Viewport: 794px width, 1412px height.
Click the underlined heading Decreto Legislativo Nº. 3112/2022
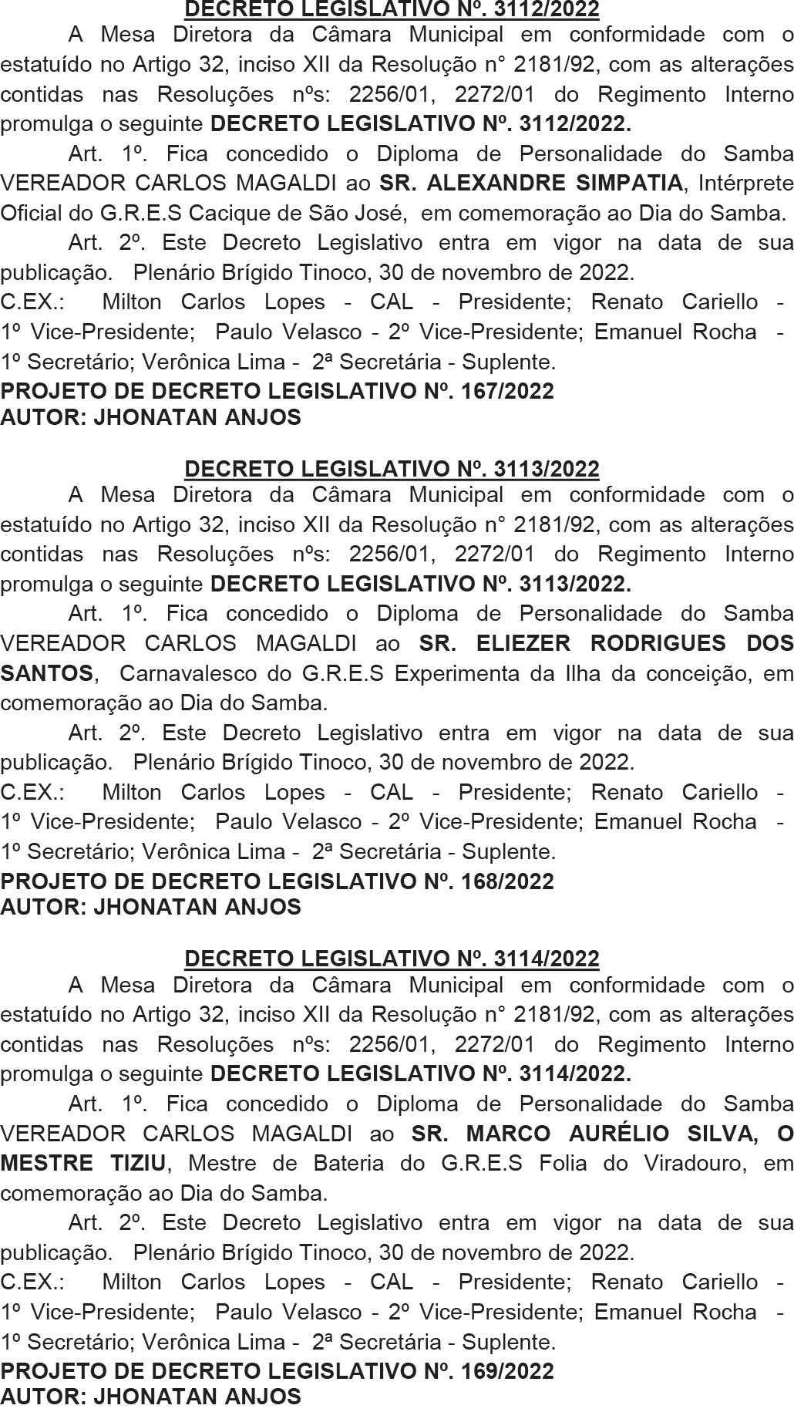[392, 8]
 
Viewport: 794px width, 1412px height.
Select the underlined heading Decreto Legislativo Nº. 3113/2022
[392, 468]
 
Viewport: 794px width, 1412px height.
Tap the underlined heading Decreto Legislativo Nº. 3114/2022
[392, 958]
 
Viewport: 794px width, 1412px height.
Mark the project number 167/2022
[507, 391]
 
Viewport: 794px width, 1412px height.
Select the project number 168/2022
[507, 881]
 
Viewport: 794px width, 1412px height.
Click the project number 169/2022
[507, 1370]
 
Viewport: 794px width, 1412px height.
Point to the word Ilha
[580, 672]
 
